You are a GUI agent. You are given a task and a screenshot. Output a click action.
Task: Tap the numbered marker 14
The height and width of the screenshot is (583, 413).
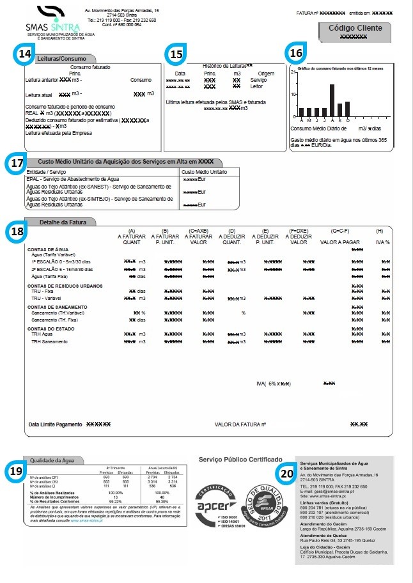pos(25,55)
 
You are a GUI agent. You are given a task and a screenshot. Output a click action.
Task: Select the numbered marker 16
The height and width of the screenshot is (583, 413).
pos(296,54)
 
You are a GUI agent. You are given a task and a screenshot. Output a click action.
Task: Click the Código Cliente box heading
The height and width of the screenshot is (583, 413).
pos(355,28)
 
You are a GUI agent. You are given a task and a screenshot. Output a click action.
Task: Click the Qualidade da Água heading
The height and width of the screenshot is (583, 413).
pos(49,460)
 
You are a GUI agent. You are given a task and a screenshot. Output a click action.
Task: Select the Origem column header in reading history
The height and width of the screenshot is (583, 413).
pos(266,74)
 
